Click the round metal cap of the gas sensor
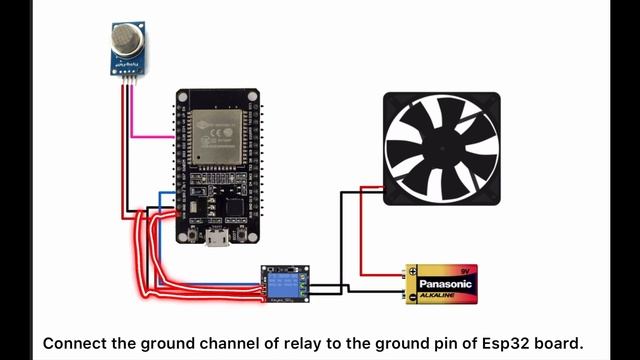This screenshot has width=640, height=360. tap(124, 40)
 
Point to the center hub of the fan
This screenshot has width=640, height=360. tap(441, 147)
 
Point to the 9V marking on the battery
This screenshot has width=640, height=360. tap(462, 270)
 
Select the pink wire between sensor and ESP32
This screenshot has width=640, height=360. tap(150, 133)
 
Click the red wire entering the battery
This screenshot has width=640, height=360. tap(380, 272)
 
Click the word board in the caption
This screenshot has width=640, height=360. tap(552, 343)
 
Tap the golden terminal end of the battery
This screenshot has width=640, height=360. tap(410, 283)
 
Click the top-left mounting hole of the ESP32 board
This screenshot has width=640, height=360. tap(183, 98)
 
